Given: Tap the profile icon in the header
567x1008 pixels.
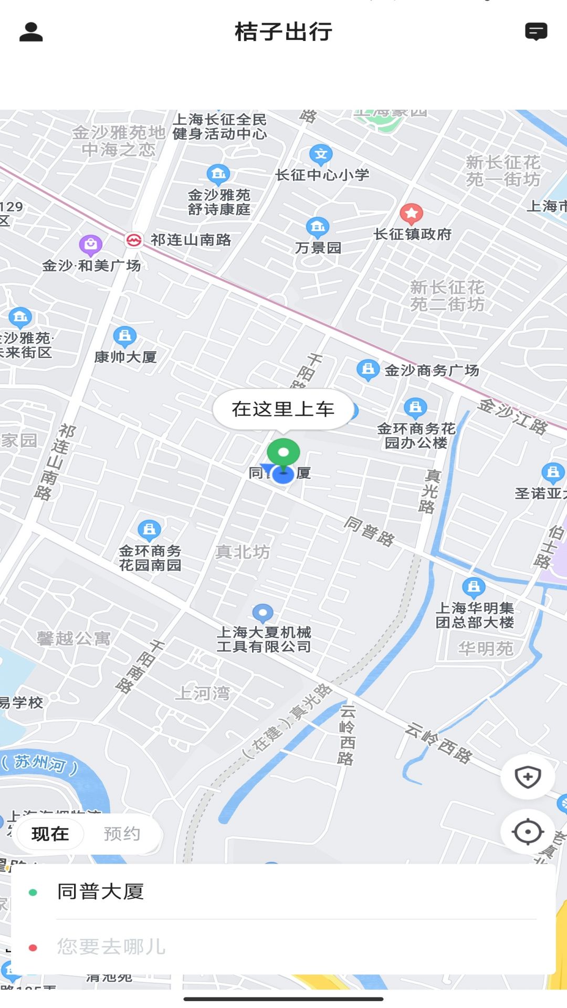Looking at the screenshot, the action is click(x=31, y=32).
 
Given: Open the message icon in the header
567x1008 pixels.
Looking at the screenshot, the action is click(x=536, y=32).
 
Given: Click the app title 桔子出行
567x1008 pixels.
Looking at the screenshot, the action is click(x=283, y=32).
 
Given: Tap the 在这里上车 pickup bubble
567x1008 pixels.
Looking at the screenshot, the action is click(x=283, y=409).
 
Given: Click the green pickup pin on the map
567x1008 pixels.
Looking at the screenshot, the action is click(x=283, y=453).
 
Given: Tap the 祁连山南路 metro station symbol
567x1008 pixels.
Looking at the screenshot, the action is click(x=134, y=240).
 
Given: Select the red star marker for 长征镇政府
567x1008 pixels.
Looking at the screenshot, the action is click(x=412, y=213).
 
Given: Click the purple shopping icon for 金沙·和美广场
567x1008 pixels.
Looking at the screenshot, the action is click(x=90, y=244).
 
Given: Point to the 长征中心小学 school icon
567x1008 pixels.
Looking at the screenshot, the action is click(x=321, y=154).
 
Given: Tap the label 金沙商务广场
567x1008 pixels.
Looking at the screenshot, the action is click(x=432, y=371).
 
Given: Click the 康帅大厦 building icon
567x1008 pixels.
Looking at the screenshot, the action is click(x=125, y=335).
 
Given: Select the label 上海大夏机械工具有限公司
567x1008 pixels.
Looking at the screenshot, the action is click(x=264, y=639).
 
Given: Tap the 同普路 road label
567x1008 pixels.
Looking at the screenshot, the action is click(x=370, y=531).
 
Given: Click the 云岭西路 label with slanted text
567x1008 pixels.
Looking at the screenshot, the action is click(x=439, y=742).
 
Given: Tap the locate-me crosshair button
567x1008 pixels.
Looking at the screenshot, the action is click(x=528, y=832).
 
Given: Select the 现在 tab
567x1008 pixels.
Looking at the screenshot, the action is click(x=50, y=834).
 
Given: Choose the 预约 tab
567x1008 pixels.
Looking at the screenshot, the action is click(x=122, y=834).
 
